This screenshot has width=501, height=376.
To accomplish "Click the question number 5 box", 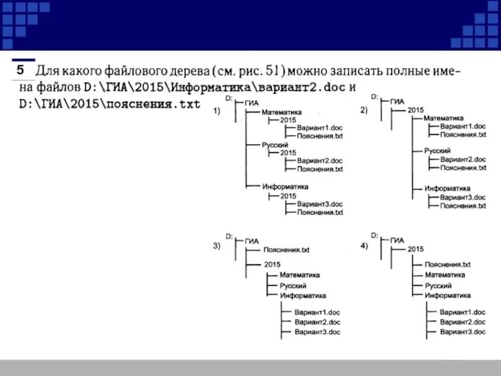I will [21, 69].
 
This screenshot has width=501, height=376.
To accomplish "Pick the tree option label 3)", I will [217, 247].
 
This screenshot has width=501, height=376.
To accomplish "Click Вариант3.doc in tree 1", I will [320, 204].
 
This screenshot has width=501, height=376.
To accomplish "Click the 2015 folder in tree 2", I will [416, 110].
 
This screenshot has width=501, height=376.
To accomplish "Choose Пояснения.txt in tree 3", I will [287, 249].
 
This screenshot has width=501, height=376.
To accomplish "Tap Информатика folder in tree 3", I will [303, 295].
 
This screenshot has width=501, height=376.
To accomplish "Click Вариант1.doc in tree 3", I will [318, 311].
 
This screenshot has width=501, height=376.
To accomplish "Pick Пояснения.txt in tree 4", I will [447, 265].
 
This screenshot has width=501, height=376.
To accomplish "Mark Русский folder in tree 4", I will [438, 285].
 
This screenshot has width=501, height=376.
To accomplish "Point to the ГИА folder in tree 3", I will [252, 241].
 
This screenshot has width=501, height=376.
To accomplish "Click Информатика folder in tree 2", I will [447, 188].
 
